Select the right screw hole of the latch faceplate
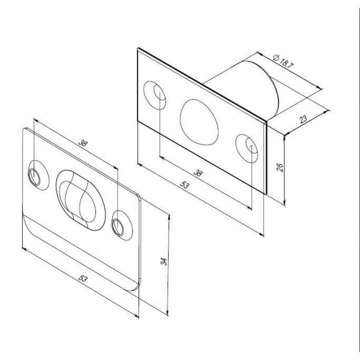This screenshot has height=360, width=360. pos(247,146)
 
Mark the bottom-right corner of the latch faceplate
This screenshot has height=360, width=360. pos(265,193)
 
